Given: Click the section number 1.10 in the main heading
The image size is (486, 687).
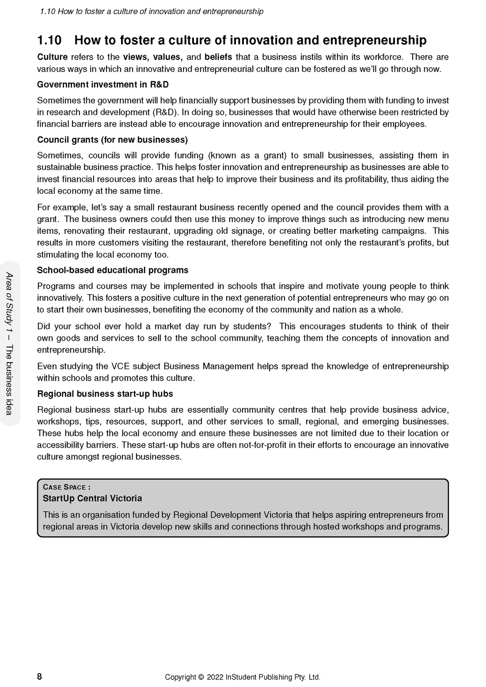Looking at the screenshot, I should click(x=49, y=40).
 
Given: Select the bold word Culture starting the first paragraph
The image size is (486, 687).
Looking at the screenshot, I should click(x=52, y=57).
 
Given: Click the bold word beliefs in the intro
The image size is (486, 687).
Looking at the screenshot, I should click(x=218, y=57).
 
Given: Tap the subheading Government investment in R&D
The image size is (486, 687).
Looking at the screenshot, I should click(x=103, y=84).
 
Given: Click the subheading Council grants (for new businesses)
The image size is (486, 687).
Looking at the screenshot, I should click(x=112, y=140).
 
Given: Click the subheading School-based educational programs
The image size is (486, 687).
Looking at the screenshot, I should click(x=113, y=270).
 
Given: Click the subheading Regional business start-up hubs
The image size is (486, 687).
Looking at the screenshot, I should click(x=105, y=393).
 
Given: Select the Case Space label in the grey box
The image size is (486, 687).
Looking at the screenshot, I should click(x=66, y=487).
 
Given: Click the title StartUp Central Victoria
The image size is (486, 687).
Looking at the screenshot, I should click(x=92, y=498).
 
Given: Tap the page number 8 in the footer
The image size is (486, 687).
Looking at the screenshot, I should click(x=39, y=676).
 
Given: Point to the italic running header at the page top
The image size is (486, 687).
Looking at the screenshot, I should click(x=152, y=11).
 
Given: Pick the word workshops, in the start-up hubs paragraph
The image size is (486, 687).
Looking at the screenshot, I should click(x=56, y=421).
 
